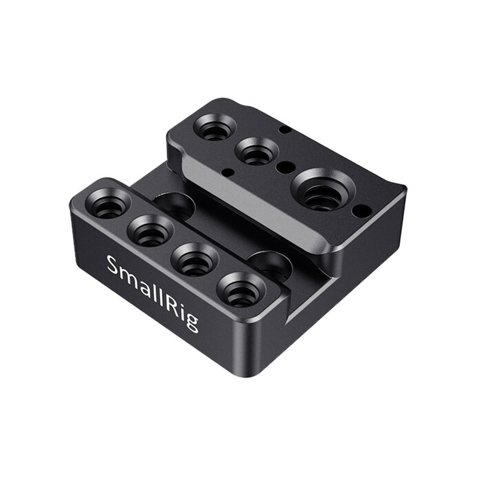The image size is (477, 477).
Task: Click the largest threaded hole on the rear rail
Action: [322, 191]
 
